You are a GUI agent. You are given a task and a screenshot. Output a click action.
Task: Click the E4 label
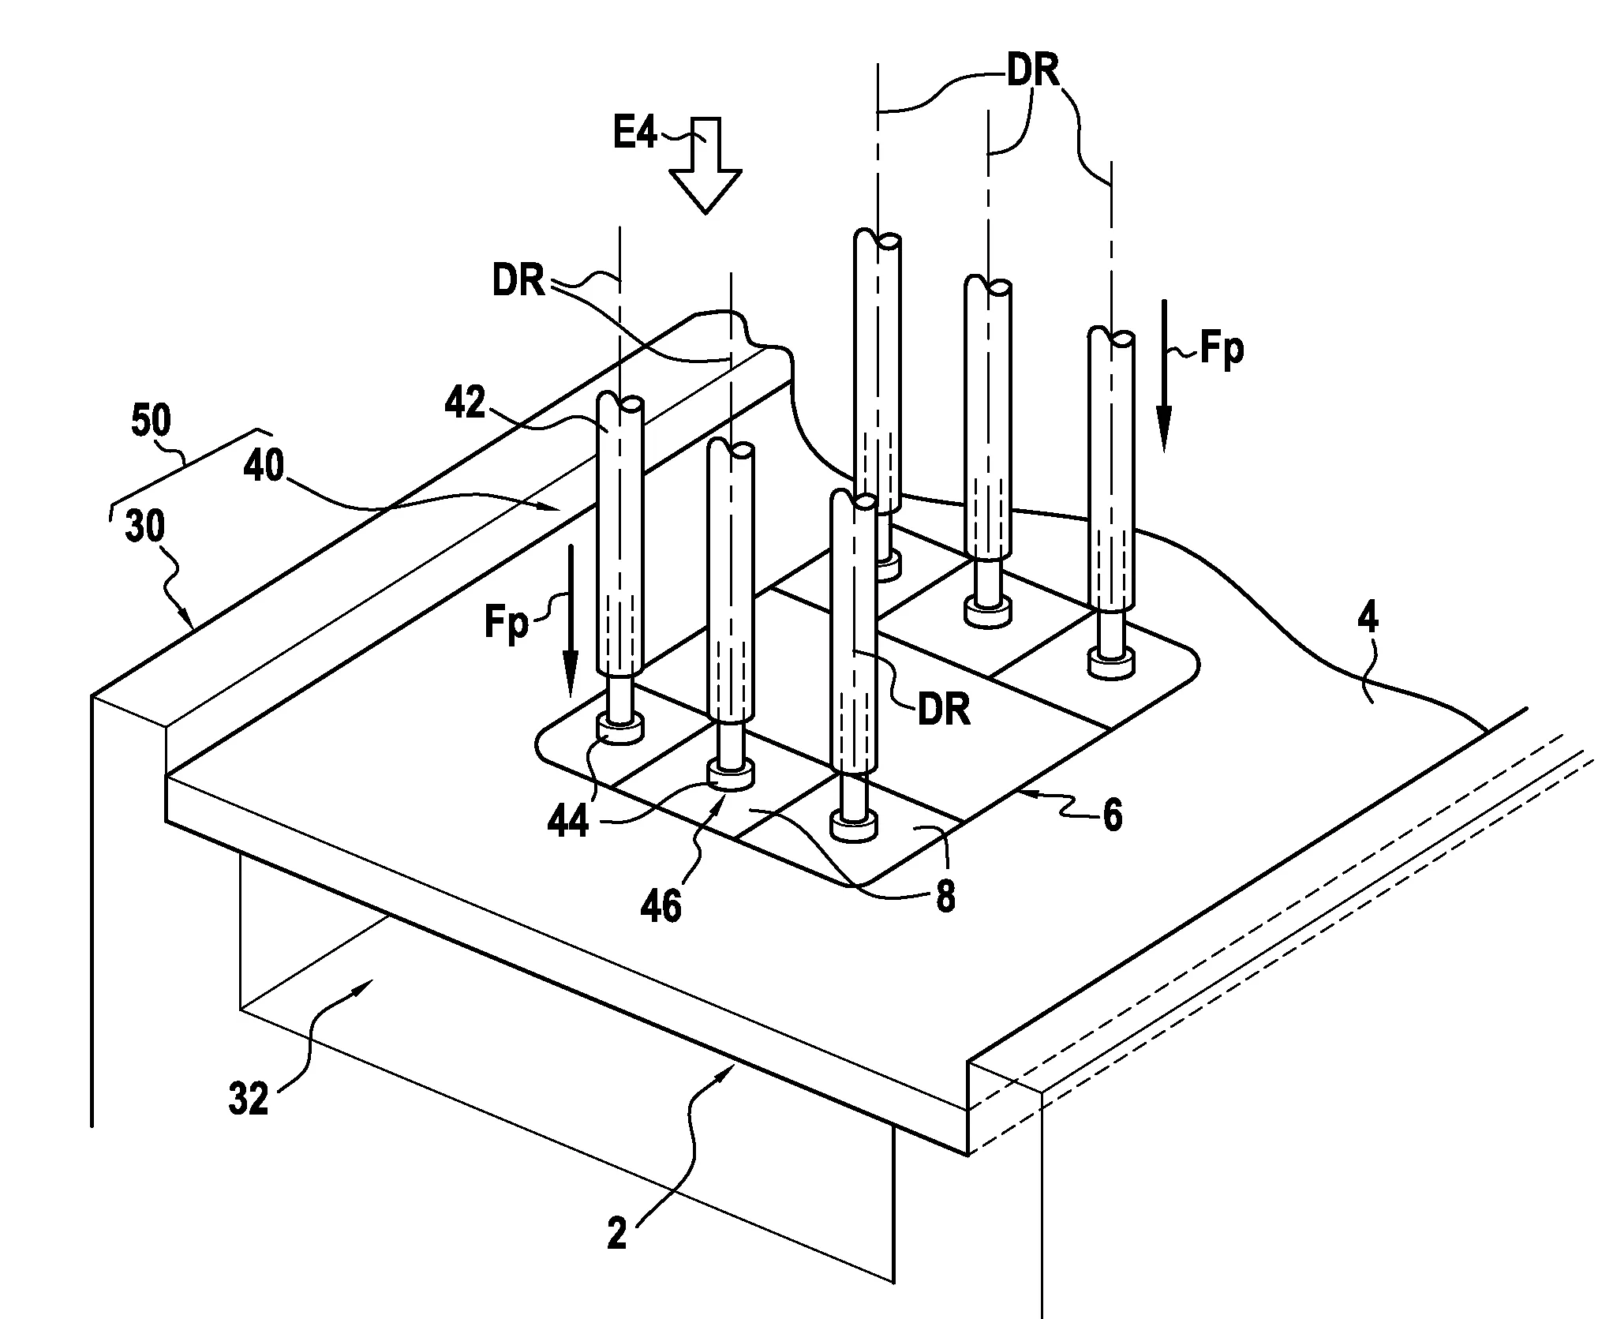coord(635,134)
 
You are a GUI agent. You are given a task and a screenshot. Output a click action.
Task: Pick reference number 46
coord(661,907)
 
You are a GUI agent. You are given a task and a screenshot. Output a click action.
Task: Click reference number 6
coord(1112,816)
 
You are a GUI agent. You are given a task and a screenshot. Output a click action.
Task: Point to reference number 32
coord(249,1098)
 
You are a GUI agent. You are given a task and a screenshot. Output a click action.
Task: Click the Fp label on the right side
coord(1222,349)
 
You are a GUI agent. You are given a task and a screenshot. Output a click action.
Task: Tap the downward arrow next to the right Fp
coord(1164,376)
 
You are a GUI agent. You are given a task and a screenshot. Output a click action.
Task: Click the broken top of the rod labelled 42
coord(620,402)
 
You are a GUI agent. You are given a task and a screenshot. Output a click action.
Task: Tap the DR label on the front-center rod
coord(944,710)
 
